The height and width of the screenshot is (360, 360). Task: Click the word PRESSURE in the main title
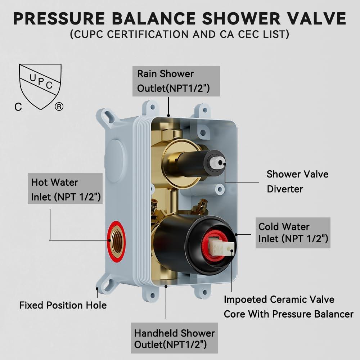click(x=59, y=18)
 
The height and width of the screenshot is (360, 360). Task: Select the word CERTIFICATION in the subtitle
click(x=148, y=34)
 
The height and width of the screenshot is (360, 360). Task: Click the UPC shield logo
click(x=40, y=86)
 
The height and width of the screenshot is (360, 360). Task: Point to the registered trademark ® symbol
click(x=59, y=107)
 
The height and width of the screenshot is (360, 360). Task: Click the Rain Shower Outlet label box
click(x=176, y=81)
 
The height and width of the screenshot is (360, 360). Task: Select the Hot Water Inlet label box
click(x=65, y=189)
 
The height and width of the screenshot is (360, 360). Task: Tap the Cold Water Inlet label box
click(x=293, y=233)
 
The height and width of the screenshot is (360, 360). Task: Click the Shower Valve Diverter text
click(x=297, y=181)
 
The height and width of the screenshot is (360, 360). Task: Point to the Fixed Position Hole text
click(x=63, y=305)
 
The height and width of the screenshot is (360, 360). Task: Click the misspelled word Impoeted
click(x=245, y=300)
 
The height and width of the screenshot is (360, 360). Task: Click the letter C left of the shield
click(x=18, y=107)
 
